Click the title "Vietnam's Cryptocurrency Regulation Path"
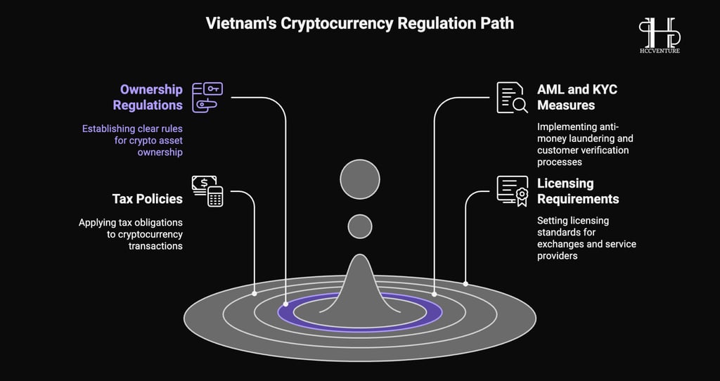point(359,23)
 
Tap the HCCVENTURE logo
point(660,35)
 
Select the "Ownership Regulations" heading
point(148,97)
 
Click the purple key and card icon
point(207,97)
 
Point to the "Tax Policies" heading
point(148,199)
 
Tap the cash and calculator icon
point(207,191)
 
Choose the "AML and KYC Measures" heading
point(577,97)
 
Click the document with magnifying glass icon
point(512,97)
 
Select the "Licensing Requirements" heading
point(578,191)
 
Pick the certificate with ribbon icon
point(513,191)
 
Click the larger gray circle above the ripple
point(360,179)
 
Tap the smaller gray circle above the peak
point(360,227)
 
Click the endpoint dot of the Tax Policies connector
point(255,293)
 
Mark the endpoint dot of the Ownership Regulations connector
point(285,304)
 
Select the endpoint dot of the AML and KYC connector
point(435,294)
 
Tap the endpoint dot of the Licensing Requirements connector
point(465,284)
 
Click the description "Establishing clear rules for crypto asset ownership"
point(132,141)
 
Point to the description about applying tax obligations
point(131,234)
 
